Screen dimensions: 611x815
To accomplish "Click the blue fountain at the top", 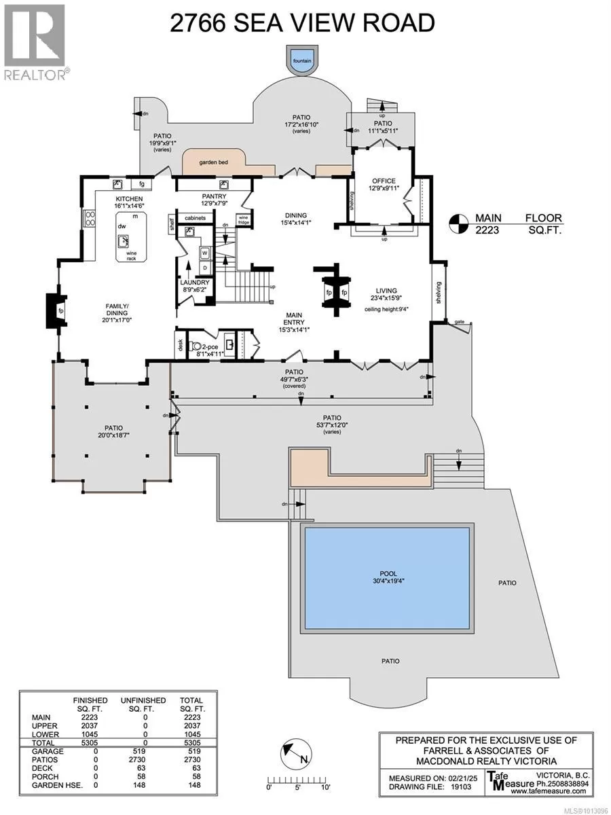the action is point(302,60).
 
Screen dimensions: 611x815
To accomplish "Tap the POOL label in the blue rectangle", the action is point(388,573).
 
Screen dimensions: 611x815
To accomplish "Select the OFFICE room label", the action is point(384,181).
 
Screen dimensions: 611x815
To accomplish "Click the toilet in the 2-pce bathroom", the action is point(195,346).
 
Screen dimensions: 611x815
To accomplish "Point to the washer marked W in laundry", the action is point(204,253).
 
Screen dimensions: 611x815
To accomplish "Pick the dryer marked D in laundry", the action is point(204,268).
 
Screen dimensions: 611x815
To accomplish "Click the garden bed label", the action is point(213,162).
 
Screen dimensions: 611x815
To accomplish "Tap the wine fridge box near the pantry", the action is point(243,220).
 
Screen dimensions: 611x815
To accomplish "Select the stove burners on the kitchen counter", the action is point(90,218).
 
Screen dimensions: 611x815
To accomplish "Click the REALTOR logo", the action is point(35,42).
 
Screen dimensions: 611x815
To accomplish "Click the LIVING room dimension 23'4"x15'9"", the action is point(386,297).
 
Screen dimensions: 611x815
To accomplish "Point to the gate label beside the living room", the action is point(460,322).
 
